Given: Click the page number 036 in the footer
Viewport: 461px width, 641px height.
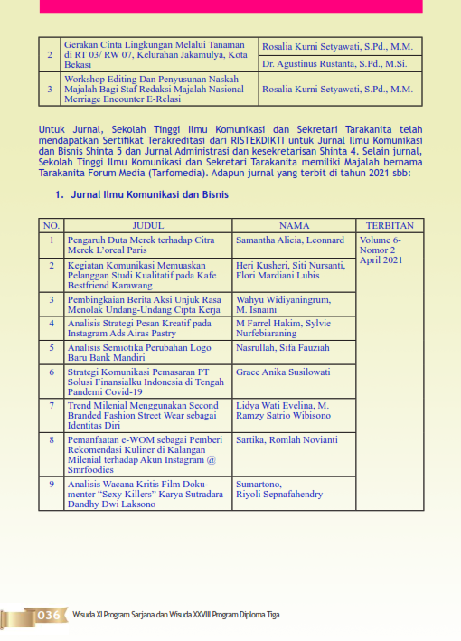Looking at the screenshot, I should pyautogui.click(x=48, y=615).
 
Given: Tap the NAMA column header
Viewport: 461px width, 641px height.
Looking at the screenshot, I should pyautogui.click(x=295, y=225).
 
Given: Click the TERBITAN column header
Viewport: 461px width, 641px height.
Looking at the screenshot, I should pyautogui.click(x=390, y=225).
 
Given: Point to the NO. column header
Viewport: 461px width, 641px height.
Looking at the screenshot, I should pyautogui.click(x=51, y=225).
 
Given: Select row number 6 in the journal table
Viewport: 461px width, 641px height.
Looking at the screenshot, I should pyautogui.click(x=51, y=372).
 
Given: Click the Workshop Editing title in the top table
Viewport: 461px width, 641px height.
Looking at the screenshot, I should pyautogui.click(x=155, y=90).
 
